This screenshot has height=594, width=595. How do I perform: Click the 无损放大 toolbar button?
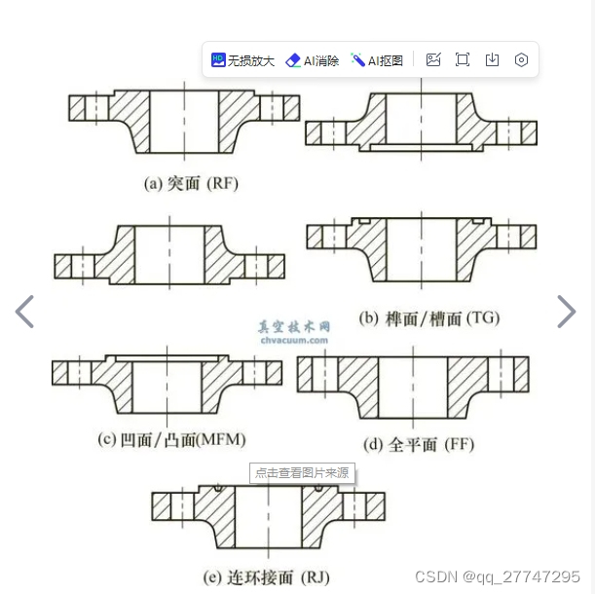pos(242,60)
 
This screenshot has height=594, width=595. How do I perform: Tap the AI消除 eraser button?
pos(312,60)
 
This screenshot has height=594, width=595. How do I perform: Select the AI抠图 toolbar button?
pos(377,60)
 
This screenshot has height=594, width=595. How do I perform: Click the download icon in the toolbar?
pos(492,60)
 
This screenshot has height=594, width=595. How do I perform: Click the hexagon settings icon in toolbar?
pos(521,60)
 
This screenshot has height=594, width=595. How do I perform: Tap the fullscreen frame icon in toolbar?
pos(463,60)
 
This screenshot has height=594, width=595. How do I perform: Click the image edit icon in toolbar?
pos(433,60)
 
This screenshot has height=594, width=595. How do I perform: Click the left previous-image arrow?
pos(24,312)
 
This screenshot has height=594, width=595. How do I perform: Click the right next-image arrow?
pos(567,312)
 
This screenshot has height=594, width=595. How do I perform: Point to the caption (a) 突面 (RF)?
pos(191,184)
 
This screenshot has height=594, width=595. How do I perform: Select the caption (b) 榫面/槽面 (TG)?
pos(429,318)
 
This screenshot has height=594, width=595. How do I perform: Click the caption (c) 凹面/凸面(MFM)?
pos(171,440)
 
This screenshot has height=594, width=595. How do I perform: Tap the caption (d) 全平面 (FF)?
pos(419,444)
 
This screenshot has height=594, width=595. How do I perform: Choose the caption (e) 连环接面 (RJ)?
pos(267,577)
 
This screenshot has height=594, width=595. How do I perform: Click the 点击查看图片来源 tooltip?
pos(302,473)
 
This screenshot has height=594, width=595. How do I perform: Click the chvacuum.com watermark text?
pos(294,340)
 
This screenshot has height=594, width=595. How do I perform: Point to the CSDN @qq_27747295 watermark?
pos(498,576)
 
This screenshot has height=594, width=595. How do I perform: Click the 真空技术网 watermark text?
pos(294,327)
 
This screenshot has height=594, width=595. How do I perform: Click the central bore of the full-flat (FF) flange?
pos(413,388)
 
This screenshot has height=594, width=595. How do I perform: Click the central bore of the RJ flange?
pos(268,516)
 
